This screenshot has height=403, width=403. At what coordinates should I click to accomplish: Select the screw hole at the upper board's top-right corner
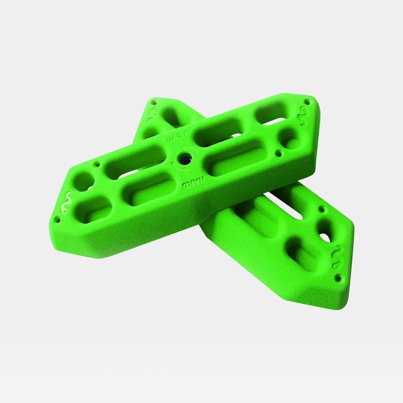[x=307, y=102]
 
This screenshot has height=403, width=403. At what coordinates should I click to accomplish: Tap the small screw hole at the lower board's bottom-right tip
[x=338, y=279]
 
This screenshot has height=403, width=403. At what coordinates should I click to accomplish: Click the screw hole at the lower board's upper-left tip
[x=153, y=103]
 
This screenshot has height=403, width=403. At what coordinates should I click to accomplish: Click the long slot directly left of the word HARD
[x=149, y=192]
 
